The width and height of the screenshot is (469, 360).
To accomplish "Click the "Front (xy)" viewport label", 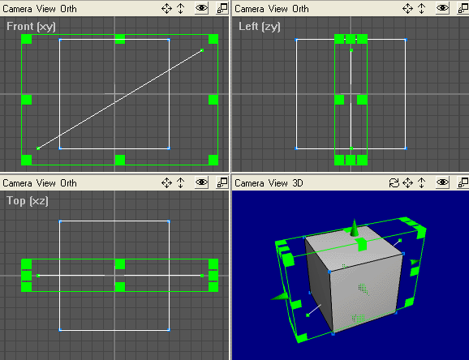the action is point(31,26).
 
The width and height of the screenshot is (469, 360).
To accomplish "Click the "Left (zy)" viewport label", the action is point(260,26).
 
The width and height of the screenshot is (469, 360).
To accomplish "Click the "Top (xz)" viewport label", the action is point(28,200).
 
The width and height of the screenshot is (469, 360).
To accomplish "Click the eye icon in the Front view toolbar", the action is point(201,8).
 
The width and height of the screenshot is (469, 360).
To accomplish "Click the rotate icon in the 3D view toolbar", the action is point(394,182).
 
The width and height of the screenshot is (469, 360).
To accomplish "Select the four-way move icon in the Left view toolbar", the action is point(407,8).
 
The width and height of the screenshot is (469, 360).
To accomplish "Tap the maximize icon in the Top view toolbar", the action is point(222,182).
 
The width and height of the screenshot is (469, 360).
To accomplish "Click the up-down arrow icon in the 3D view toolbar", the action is point(421,182).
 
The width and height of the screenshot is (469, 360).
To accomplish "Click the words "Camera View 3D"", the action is point(269,182).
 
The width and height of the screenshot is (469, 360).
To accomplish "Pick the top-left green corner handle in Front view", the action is point(26,39).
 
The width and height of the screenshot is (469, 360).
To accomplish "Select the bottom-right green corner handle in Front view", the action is point(213,160).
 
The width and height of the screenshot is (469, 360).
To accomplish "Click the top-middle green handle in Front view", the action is point(120,39).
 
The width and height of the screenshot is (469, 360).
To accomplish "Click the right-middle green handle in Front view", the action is point(213,100).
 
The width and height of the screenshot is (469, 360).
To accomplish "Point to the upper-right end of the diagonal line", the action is point(202,50).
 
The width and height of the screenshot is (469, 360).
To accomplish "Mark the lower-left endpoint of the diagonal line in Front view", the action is point(38,148).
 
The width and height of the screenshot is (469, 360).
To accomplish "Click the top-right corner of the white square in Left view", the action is point(406,40).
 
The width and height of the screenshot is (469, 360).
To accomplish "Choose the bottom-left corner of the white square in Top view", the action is point(60,330).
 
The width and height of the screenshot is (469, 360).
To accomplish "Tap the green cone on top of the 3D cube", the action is point(354,228).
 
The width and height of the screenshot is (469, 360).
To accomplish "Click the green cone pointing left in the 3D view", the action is point(280,296).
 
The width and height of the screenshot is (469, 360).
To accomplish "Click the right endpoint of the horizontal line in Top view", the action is point(202,276).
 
